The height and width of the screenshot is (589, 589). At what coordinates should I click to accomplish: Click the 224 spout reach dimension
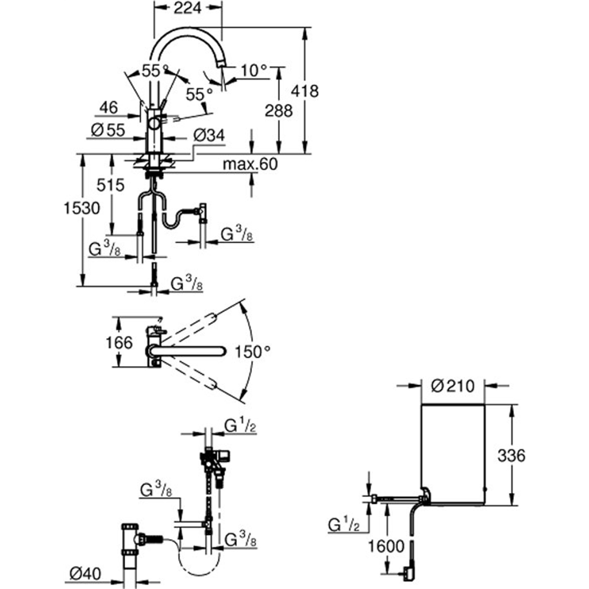187,8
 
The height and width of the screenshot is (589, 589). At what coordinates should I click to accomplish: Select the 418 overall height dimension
304,91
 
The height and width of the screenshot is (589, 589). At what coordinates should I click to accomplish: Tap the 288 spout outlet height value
278,111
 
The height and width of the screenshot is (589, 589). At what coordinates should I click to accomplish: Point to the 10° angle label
254,71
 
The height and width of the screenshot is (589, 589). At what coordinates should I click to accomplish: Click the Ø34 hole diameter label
209,135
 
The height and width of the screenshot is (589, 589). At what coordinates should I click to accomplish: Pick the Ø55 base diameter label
108,130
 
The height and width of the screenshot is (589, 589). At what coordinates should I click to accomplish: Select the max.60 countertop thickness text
250,164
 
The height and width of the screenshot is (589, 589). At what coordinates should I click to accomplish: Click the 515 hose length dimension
110,185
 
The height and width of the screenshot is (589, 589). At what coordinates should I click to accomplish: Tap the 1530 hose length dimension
82,208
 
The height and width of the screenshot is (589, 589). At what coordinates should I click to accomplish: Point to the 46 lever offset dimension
108,107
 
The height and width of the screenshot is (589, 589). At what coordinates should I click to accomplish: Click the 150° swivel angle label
252,352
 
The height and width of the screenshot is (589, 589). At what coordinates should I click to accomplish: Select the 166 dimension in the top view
119,343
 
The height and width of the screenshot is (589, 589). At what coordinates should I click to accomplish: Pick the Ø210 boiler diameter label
453,386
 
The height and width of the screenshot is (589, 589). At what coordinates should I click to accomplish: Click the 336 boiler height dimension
511,456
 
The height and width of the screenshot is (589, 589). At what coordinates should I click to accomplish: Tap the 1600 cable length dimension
386,546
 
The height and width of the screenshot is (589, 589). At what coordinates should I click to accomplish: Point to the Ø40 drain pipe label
85,574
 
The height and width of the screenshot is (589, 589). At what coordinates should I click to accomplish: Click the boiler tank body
453,452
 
